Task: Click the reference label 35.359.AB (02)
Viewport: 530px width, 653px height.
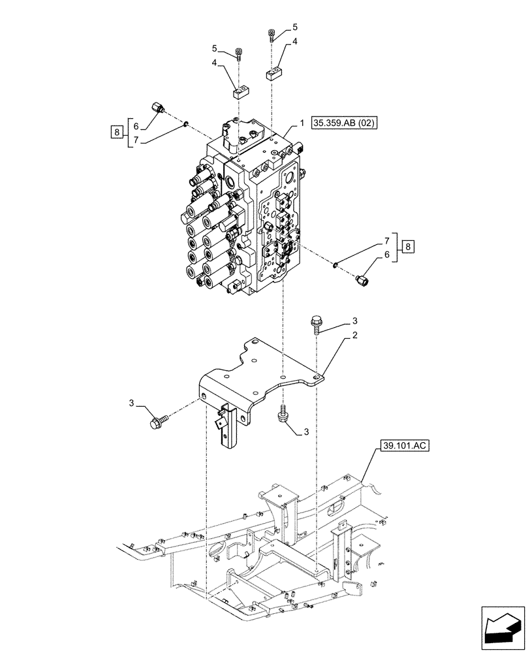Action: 345,122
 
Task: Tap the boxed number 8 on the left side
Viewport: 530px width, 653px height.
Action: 116,133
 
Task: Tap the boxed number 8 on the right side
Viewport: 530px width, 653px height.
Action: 408,246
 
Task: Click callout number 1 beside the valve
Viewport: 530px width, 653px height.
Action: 302,123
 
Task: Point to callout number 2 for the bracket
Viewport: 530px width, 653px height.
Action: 354,336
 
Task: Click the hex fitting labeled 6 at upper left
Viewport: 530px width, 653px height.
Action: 159,108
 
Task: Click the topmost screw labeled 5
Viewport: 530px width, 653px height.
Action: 272,35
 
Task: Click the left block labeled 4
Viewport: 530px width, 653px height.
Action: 240,91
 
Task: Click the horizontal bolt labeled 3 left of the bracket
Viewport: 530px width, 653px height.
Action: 159,422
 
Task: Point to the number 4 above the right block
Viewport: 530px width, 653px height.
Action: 294,42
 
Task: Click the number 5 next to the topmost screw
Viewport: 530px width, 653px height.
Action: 294,27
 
